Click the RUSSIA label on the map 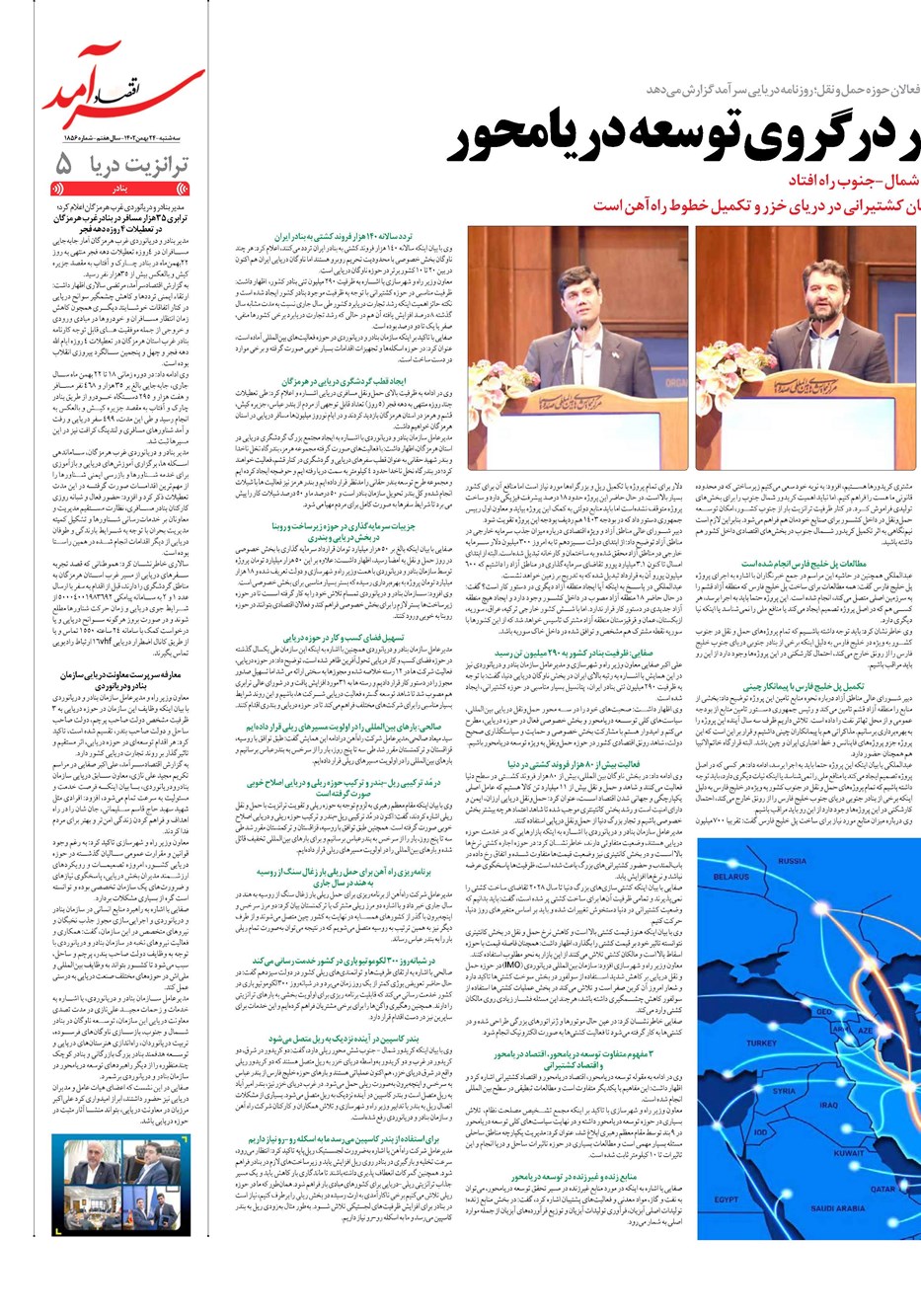coord(792,861)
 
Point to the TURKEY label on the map coord(762,1043)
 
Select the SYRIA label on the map coord(785,1092)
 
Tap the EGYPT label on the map coord(728,1200)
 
